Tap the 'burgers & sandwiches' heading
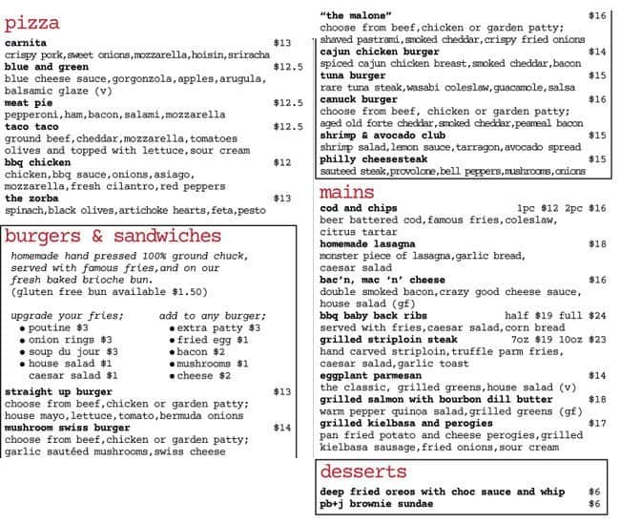pyautogui.click(x=112, y=236)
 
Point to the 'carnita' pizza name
pyautogui.click(x=26, y=43)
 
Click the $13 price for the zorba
pyautogui.click(x=282, y=199)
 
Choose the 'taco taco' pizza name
pyautogui.click(x=31, y=126)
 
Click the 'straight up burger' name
pyautogui.click(x=58, y=392)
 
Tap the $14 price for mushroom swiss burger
pyautogui.click(x=282, y=429)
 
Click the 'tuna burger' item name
pyautogui.click(x=353, y=75)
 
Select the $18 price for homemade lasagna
pyautogui.click(x=597, y=244)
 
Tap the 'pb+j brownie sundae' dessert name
pyautogui.click(x=378, y=504)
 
